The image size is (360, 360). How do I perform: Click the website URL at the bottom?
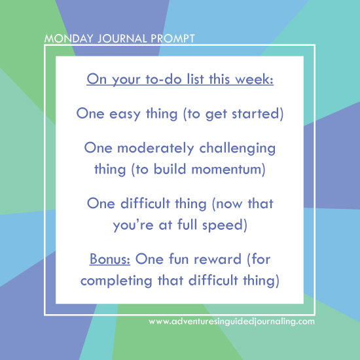tap(232, 321)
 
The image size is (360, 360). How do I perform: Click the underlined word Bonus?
tap(109, 260)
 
